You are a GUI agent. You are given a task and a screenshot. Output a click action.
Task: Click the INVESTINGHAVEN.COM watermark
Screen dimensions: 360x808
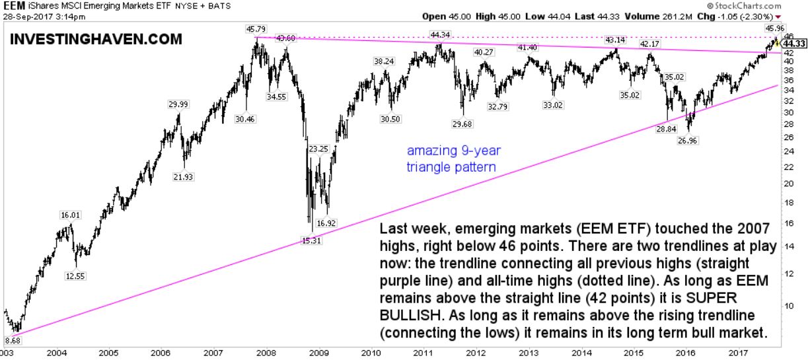[96, 39]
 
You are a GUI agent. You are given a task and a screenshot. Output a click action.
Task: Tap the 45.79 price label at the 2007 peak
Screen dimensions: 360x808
[255, 29]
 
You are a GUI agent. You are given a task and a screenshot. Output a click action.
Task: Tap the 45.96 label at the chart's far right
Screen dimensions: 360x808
[774, 28]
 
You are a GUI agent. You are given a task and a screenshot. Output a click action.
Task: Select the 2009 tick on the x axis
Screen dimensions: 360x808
[318, 353]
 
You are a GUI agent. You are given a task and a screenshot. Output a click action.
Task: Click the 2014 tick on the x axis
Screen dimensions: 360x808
[581, 353]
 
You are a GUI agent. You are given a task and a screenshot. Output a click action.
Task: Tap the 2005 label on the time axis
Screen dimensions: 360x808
[109, 353]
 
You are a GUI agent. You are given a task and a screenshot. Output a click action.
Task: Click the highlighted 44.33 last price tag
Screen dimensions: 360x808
[795, 44]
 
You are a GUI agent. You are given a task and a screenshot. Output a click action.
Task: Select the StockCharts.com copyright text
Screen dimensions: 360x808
[771, 5]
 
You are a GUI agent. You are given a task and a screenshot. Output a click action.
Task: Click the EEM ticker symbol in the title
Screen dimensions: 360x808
[12, 5]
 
